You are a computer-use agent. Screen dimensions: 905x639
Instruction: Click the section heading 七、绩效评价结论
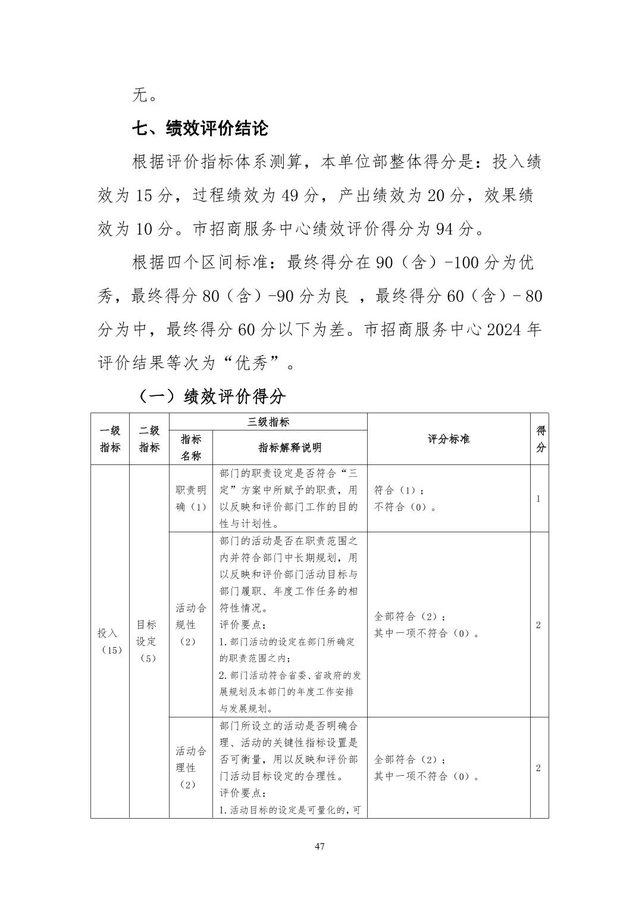pos(200,128)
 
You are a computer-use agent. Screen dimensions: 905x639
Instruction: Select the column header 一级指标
pos(110,439)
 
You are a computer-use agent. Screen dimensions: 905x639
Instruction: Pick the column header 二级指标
pos(149,439)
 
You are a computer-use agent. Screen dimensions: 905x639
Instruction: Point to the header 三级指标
pos(268,422)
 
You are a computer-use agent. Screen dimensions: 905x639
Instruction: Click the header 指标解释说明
pos(290,448)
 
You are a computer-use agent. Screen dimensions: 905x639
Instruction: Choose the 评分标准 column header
pos(449,439)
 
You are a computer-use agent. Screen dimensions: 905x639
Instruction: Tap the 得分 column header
pos(540,439)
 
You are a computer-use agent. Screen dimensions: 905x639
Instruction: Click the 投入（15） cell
pos(110,641)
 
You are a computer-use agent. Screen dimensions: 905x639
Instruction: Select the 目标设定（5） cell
pos(147,641)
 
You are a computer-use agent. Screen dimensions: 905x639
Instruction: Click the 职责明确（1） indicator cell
pos(191,498)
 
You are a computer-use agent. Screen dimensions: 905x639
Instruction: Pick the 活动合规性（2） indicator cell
pos(191,625)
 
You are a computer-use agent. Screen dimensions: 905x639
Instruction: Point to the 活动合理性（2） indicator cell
pos(191,767)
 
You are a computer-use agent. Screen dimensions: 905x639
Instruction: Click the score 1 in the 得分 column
pos(538,499)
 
